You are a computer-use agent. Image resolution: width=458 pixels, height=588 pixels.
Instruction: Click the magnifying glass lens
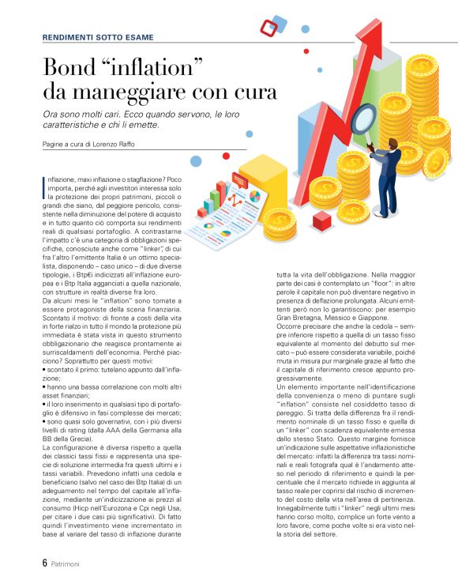pyautogui.click(x=362, y=118)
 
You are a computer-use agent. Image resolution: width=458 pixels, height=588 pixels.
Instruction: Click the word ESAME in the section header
pyautogui.click(x=138, y=37)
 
